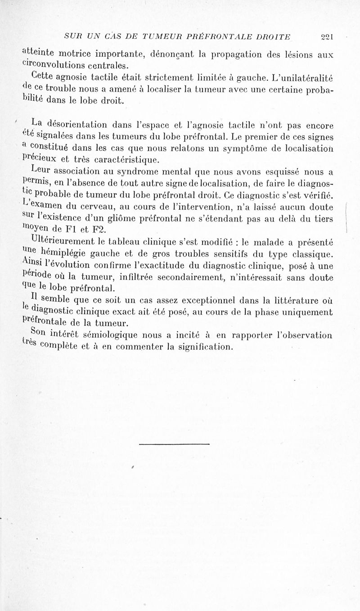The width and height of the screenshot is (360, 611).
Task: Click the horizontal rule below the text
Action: pos(175,444)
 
